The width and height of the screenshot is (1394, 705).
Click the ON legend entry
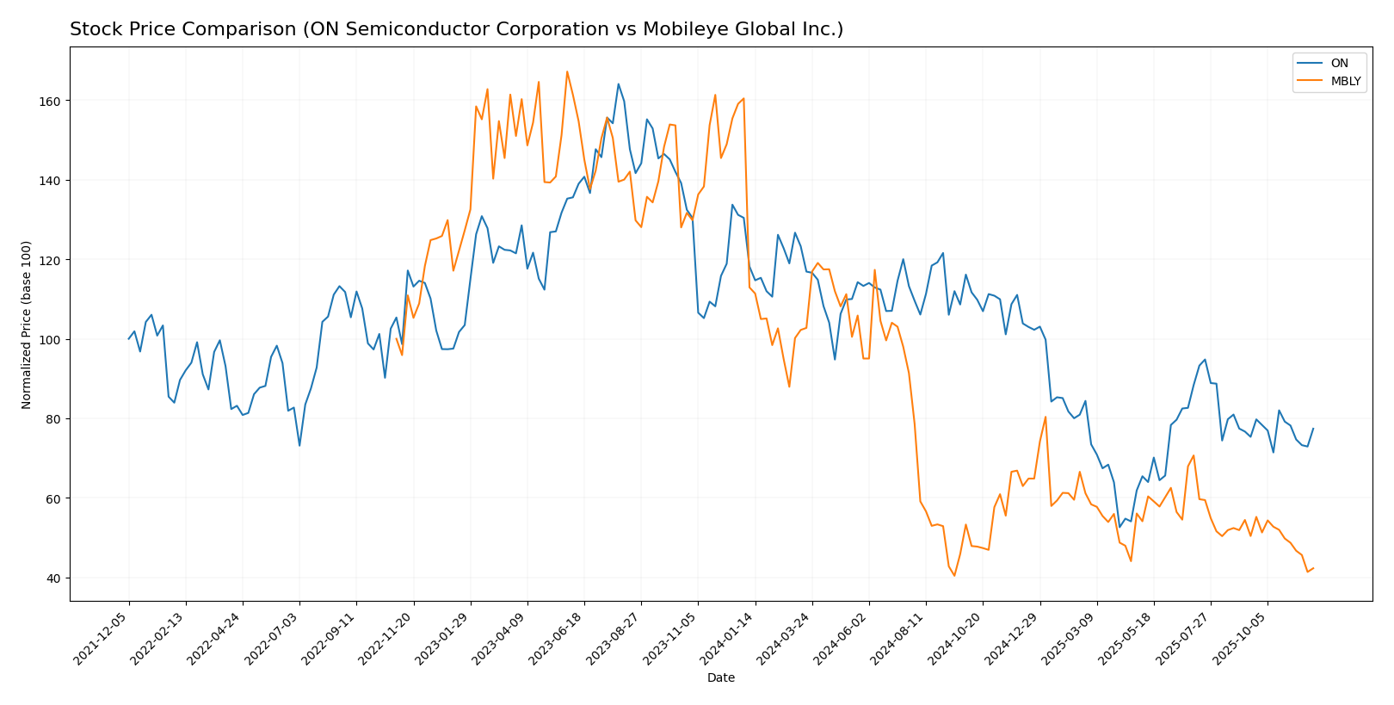click(1339, 63)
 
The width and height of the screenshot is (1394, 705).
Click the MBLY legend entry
click(1345, 82)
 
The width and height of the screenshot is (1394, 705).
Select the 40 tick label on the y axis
click(52, 578)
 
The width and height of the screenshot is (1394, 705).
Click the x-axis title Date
click(720, 678)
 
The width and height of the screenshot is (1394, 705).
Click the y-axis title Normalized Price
click(27, 325)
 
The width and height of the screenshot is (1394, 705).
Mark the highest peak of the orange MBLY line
click(567, 71)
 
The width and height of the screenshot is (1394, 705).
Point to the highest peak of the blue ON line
click(618, 83)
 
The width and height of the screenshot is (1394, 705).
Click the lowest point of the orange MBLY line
click(953, 576)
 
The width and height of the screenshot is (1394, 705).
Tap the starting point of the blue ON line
click(129, 338)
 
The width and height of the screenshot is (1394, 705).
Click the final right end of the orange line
click(1313, 568)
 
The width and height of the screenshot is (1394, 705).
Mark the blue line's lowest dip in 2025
click(1120, 527)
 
